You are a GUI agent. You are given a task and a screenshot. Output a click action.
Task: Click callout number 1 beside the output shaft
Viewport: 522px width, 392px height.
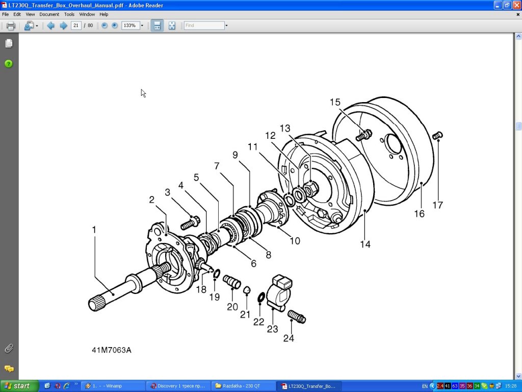point(94,230)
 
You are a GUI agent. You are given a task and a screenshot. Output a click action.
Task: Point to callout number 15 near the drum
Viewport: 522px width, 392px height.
point(334,103)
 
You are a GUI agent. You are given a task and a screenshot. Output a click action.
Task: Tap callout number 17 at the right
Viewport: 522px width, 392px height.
point(437,205)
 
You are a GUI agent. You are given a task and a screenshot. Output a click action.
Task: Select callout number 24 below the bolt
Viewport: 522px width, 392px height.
point(289,338)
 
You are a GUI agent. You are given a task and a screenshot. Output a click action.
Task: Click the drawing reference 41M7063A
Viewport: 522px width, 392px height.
point(112,350)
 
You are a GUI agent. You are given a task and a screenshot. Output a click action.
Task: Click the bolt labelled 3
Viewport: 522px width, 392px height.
point(190,223)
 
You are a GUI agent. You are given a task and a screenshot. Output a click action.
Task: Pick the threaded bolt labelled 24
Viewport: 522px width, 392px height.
point(297,316)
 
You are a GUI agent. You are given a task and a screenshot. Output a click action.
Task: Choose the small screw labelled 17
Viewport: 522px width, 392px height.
point(437,135)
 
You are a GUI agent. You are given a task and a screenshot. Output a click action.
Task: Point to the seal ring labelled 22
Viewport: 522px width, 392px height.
point(261,297)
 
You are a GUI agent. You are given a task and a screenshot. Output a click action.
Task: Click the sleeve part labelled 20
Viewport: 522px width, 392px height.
point(231,280)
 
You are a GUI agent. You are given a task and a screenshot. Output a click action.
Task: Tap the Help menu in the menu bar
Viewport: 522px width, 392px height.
point(103,14)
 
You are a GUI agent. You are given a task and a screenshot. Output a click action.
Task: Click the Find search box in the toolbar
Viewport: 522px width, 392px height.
point(204,26)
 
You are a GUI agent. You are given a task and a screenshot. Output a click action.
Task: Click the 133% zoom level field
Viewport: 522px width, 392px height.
point(130,26)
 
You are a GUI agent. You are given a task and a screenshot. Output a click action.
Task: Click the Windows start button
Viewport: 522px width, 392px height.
point(19,386)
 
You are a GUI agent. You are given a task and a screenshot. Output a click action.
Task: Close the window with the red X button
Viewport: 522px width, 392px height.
point(516,5)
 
